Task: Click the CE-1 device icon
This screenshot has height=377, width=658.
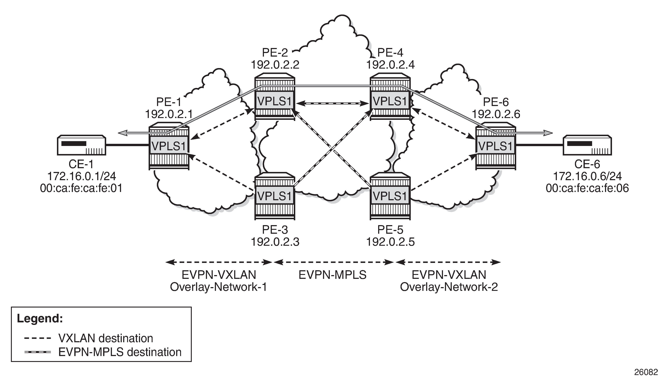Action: [81, 145]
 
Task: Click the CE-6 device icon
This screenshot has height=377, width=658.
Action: [587, 145]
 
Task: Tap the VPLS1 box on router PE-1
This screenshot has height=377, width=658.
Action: [169, 146]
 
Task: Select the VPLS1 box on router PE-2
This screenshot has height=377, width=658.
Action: [275, 101]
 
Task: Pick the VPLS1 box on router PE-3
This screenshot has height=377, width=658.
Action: [275, 196]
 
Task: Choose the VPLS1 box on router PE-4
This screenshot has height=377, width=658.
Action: [390, 101]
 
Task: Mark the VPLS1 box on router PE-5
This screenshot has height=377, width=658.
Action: [390, 196]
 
